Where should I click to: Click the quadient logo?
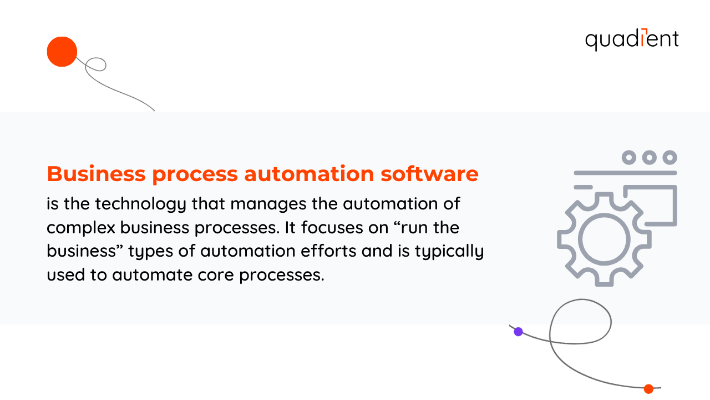coord(632,39)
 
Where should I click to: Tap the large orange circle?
coord(62,52)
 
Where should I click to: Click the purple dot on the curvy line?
coord(518,332)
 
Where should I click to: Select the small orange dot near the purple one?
coord(648,389)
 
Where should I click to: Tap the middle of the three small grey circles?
coord(650,158)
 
